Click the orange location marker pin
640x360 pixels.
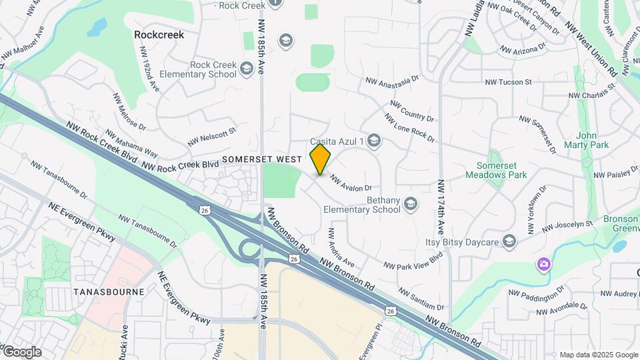321,159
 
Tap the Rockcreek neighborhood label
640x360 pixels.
159,34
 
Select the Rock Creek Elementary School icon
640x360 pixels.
247,69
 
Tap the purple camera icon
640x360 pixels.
544,265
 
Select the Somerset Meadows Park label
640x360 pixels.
502,170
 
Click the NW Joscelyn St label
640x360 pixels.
567,227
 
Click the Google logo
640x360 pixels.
21,351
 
